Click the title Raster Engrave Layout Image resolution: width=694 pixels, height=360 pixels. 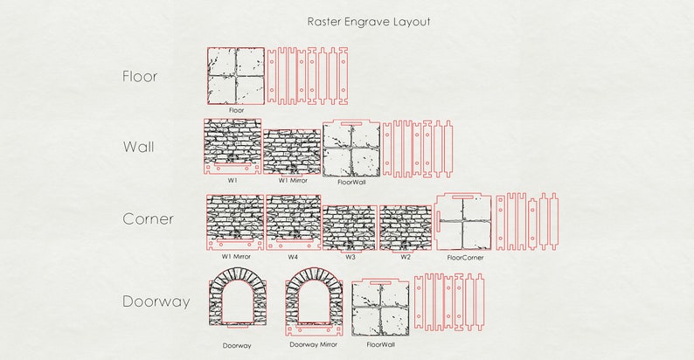point(368,21)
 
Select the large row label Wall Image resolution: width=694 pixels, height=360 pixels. point(138,147)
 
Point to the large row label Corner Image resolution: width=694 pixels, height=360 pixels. point(148,219)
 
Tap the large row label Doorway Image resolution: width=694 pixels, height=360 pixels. point(156,302)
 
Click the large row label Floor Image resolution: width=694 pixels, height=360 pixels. point(140,77)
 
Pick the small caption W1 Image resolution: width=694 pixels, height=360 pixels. point(232,179)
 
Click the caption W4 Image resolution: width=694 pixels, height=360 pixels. point(294,257)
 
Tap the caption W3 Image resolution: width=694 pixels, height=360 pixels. point(350,257)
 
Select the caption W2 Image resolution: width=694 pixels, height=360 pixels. point(406,257)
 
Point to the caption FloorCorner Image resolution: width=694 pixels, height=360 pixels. point(465,258)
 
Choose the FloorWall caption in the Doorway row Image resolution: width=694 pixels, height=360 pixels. point(380,344)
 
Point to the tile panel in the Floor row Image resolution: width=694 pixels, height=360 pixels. point(236,76)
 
